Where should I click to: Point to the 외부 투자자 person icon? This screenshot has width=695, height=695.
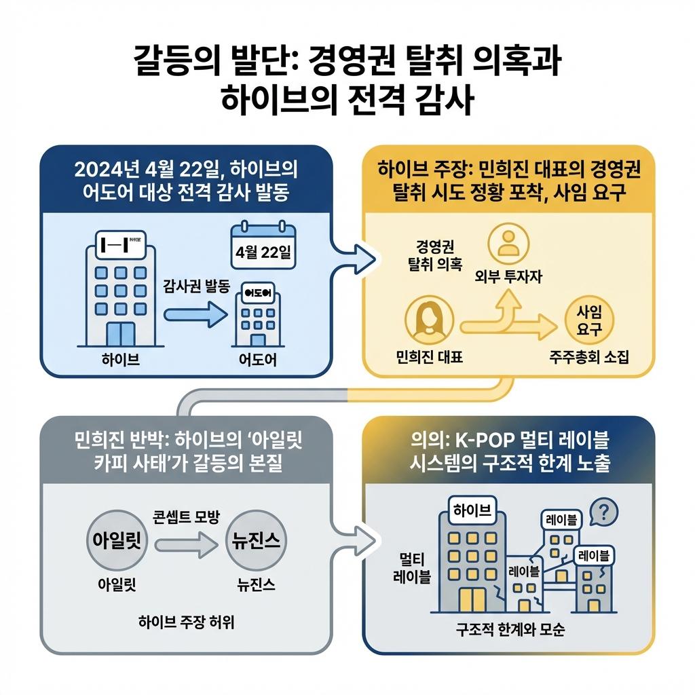(508, 245)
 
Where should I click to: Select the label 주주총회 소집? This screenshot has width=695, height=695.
(589, 356)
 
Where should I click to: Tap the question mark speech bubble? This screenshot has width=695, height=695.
(604, 511)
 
